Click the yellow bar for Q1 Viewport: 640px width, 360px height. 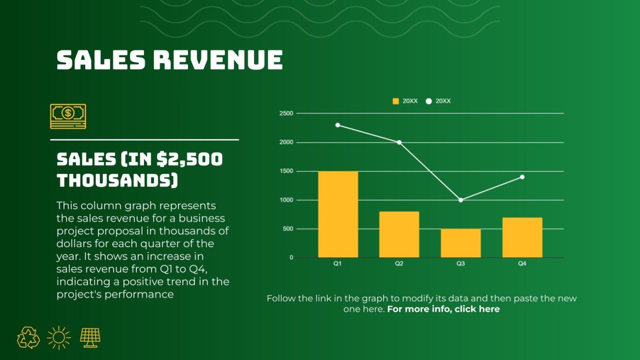(x=338, y=214)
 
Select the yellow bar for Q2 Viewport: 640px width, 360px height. (x=399, y=234)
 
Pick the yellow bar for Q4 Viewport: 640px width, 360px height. (x=522, y=238)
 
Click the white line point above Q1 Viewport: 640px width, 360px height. (x=338, y=125)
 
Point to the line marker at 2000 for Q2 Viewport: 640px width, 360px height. (x=399, y=142)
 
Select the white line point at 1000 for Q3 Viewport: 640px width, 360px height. (x=461, y=200)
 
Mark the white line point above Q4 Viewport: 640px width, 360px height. (x=522, y=177)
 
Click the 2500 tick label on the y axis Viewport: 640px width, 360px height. (x=287, y=113)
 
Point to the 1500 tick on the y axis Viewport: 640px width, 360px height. (x=287, y=171)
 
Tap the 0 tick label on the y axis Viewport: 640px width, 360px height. (x=291, y=258)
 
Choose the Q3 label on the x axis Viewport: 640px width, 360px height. (x=461, y=264)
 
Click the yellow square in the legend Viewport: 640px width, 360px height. (x=396, y=101)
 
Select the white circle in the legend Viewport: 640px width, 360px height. (x=429, y=101)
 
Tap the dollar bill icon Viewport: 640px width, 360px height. (x=68, y=116)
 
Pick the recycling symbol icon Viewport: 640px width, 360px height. (x=28, y=338)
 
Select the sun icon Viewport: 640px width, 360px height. (x=59, y=338)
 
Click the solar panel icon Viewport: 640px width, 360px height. (x=90, y=338)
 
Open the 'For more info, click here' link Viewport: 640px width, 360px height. (x=443, y=309)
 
